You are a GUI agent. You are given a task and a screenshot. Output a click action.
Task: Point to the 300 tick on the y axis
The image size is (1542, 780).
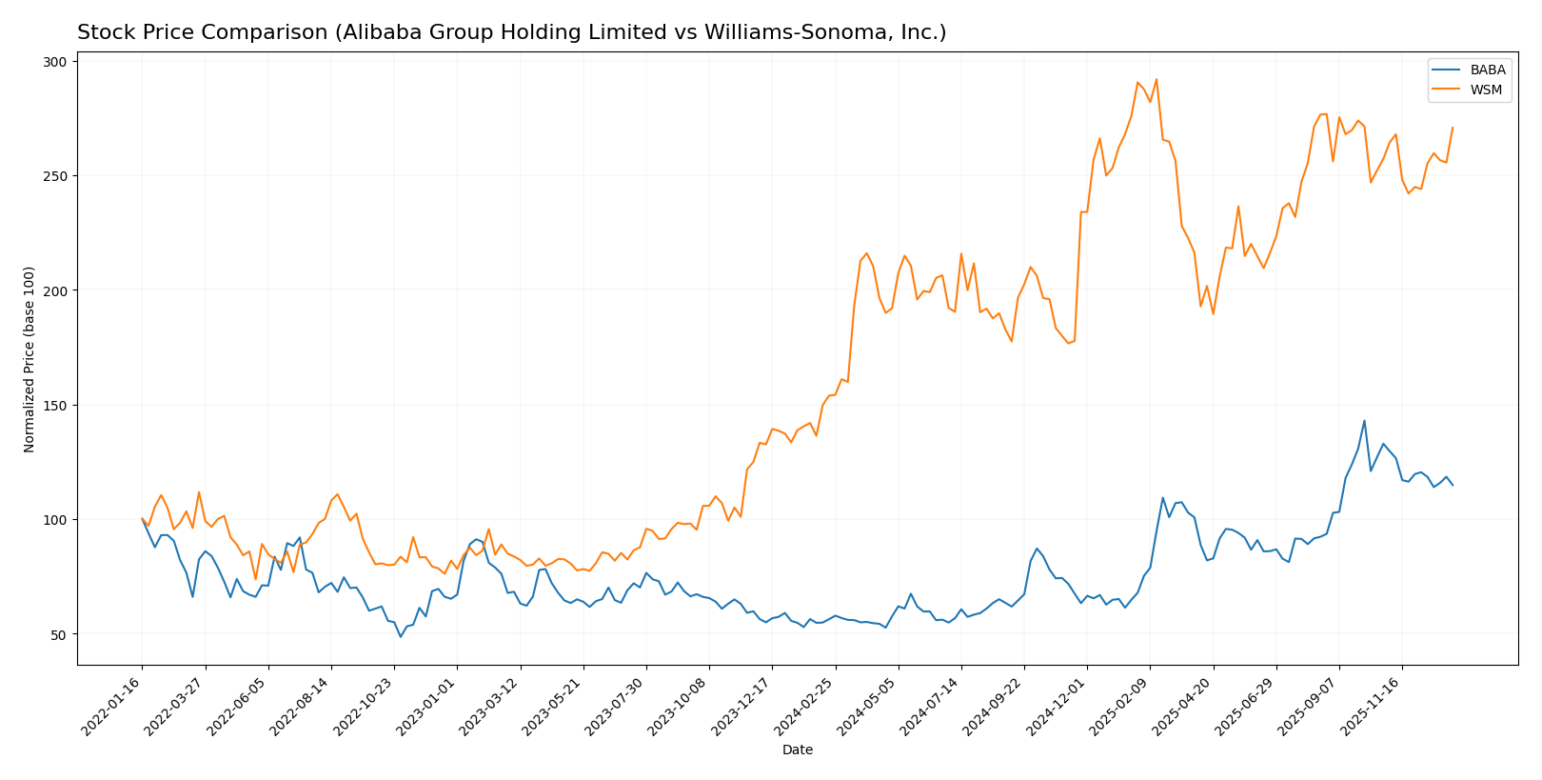click(56, 62)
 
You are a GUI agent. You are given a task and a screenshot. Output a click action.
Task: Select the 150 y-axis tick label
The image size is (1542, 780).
click(56, 406)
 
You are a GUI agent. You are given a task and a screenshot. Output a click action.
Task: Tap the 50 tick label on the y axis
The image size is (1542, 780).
click(60, 634)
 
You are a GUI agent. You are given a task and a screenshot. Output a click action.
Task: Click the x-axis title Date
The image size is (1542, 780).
click(797, 750)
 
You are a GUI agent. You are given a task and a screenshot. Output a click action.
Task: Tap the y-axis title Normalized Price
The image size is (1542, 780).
click(30, 359)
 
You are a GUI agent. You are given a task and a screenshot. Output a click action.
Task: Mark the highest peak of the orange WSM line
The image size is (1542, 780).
click(1156, 79)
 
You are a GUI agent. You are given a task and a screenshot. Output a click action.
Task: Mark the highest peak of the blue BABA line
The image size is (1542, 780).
click(1364, 420)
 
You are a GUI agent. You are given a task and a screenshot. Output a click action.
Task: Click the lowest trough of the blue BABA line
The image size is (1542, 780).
click(401, 636)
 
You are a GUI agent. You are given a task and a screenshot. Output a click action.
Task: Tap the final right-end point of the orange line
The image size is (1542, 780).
click(1453, 128)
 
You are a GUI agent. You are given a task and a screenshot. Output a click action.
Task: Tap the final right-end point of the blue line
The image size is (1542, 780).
click(1453, 485)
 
